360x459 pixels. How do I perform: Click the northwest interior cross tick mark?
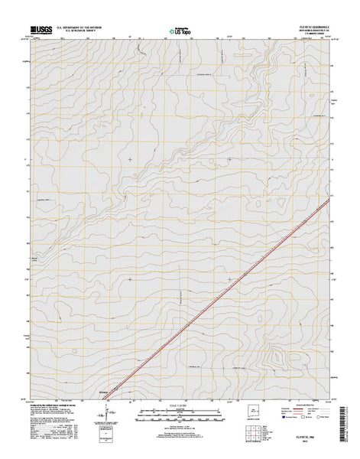pyautogui.click(x=130, y=158)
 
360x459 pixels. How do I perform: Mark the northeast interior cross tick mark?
pyautogui.click(x=230, y=158)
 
